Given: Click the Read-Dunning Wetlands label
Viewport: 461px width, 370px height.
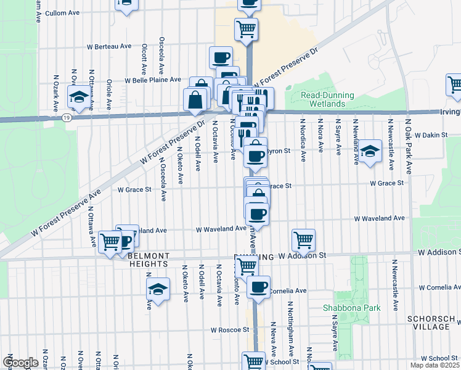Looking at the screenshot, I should click(327, 99).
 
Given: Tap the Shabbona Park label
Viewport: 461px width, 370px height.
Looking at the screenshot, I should click(352, 307).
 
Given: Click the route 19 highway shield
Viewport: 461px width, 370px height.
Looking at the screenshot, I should click(67, 117).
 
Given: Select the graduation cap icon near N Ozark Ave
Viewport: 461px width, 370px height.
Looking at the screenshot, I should click(79, 96).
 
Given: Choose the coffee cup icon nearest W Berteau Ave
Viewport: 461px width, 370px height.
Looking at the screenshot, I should click(221, 57).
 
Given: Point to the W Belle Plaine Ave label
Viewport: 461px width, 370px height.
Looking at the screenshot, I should click(153, 80).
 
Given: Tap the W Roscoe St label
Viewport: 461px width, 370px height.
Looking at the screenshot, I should click(229, 331).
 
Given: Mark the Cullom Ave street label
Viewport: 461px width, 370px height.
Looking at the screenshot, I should click(64, 12).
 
